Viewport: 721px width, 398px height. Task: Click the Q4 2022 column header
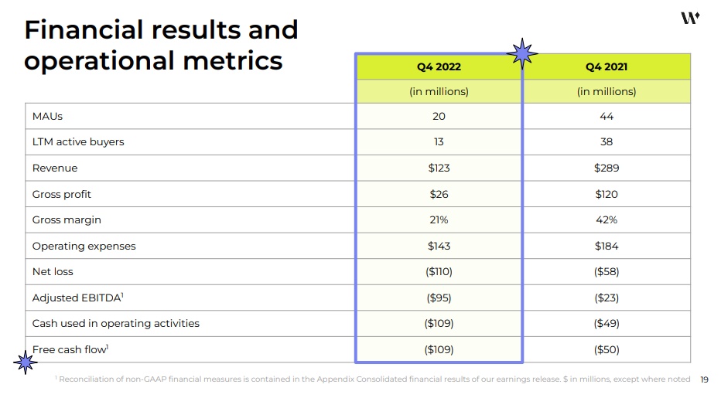point(439,66)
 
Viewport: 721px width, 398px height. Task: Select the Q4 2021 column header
point(607,66)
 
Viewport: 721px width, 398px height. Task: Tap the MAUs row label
point(47,117)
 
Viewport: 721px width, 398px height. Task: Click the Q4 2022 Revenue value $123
point(439,168)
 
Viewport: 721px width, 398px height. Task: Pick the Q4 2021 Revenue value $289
point(607,168)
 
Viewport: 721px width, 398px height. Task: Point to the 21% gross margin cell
point(439,220)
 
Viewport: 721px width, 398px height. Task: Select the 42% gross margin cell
point(607,220)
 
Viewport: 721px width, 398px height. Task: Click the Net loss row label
point(53,272)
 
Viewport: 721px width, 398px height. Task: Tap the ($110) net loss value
point(439,272)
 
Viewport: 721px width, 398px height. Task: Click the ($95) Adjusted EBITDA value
point(439,298)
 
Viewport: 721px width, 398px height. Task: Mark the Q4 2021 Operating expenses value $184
point(607,247)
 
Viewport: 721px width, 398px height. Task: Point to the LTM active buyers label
point(78,142)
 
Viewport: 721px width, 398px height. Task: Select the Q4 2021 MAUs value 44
point(607,117)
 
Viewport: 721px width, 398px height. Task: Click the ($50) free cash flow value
point(607,349)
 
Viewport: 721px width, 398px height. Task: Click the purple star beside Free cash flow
point(26,361)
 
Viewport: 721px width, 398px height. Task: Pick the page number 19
point(704,379)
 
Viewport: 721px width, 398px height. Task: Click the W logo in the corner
point(690,18)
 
